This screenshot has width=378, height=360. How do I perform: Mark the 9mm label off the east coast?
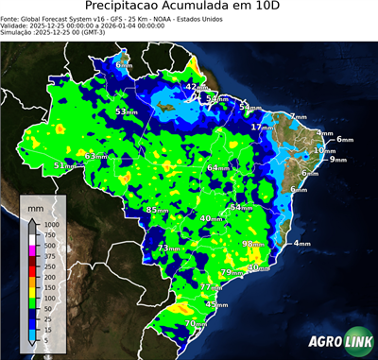coord(338,160)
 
